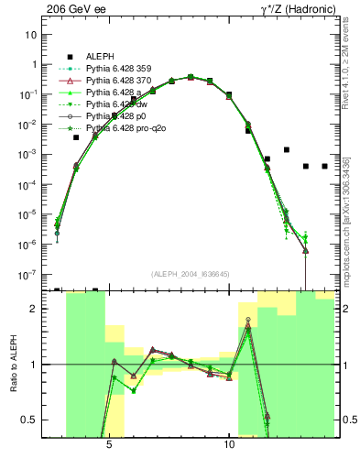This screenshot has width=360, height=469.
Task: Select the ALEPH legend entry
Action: click(102, 56)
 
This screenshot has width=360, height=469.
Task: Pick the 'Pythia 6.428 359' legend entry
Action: click(121, 70)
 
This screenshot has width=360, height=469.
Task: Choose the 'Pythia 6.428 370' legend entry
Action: click(121, 82)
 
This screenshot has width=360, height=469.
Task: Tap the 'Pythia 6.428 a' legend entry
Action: click(115, 93)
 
